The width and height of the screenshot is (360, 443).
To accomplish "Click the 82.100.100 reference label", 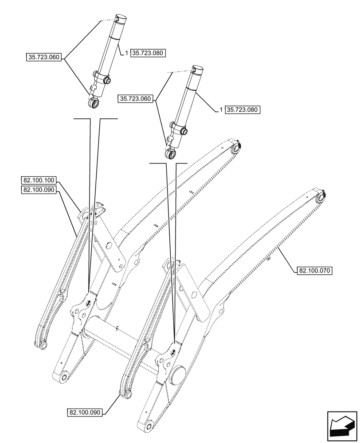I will pos(38,180).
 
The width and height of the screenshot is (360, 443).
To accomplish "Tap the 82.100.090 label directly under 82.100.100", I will pos(38,190).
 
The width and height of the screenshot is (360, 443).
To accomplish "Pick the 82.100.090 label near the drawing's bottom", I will pos(85,412).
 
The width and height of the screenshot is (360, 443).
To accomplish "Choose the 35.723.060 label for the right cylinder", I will pos(135,99).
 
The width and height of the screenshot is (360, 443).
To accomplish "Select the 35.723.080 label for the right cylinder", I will pos(243,109).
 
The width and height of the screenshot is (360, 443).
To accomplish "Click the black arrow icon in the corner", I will pos(341,427).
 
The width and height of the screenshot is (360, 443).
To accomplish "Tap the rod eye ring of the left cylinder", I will pos(93,103).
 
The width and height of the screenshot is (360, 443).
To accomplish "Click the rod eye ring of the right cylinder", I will pos(170,153).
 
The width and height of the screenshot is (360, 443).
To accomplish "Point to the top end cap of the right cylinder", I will pos(197,70).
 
